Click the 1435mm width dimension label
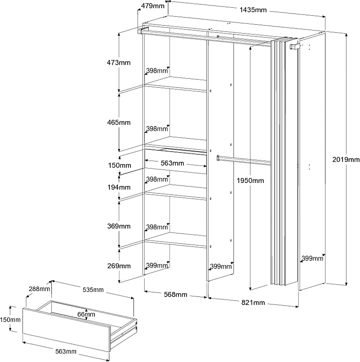pos(253,10)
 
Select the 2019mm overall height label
pos(346,160)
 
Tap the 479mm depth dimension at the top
pos(152,6)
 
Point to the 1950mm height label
pos(250,181)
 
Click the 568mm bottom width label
pos(175,295)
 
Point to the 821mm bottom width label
pos(253,303)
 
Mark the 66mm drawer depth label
pos(86,314)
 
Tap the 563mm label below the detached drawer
pos(65,351)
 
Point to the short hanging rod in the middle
pos(243,160)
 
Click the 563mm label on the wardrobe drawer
pos(172,163)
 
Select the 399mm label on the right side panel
pos(312,258)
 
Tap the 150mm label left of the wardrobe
pos(119,166)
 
